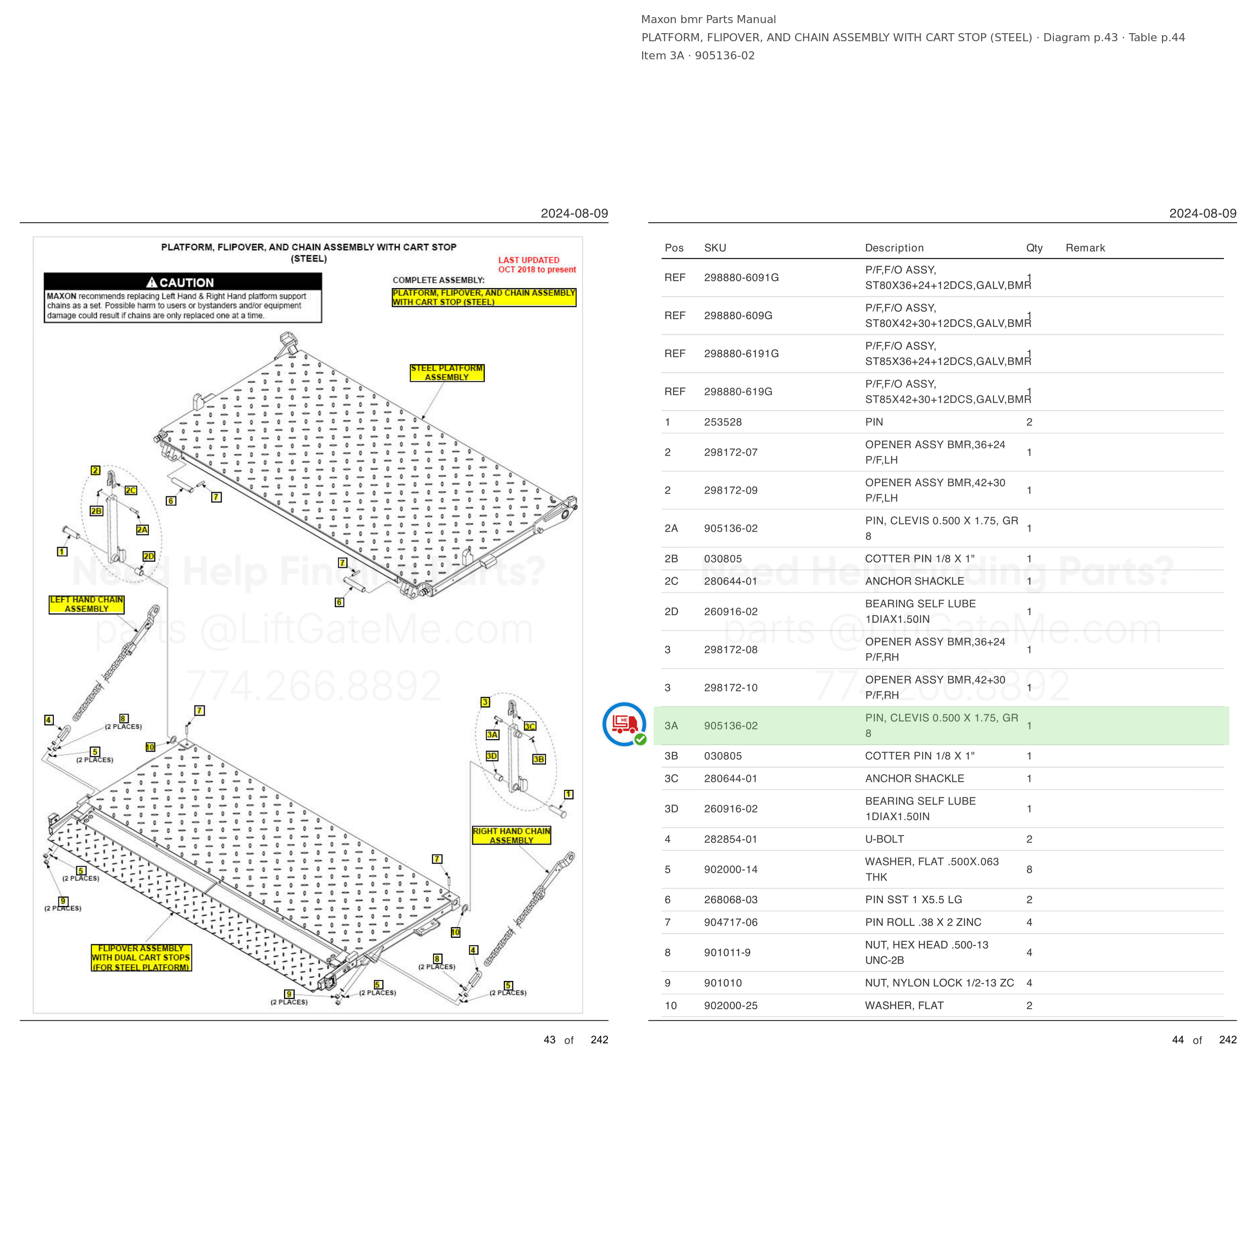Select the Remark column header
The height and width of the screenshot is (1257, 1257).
point(1085,248)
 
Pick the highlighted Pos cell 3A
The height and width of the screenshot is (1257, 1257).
point(671,726)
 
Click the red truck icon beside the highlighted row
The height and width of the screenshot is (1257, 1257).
point(624,724)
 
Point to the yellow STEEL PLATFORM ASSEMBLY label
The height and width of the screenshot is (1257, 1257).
point(447,373)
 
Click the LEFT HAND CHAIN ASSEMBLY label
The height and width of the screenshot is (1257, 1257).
point(86,604)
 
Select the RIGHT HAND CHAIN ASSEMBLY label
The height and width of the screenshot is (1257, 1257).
point(511,836)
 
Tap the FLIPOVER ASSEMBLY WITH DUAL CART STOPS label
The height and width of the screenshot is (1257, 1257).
point(141,958)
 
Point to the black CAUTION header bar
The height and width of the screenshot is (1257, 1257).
point(183,282)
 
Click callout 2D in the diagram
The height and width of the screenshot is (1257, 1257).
point(149,556)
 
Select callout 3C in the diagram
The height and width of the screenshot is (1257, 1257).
point(530,726)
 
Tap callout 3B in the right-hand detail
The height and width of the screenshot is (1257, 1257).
point(538,759)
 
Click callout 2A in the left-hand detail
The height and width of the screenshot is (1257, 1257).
point(142,529)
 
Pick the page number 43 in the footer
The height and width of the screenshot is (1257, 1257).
point(549,1040)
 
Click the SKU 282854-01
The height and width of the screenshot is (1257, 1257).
point(731,839)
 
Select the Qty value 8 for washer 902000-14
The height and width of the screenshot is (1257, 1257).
point(1029,869)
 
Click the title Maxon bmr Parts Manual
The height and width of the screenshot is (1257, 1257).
point(708,20)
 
